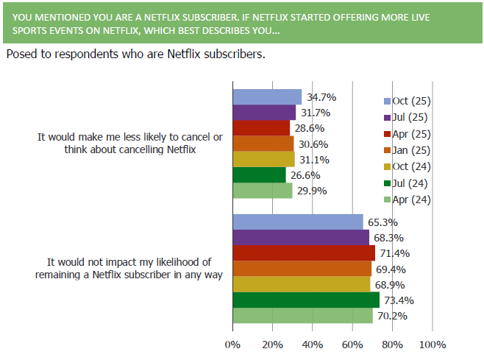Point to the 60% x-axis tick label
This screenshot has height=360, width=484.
pos(352,344)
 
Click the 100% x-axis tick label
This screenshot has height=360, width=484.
pos(432,344)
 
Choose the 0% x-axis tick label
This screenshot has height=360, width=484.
pos(233,344)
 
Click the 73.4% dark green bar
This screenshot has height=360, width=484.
pos(306,300)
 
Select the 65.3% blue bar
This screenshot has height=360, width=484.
pos(298,222)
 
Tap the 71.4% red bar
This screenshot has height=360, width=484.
pos(304,253)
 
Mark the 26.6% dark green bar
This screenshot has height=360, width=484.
pos(260,174)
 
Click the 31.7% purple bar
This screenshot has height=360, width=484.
pos(265,113)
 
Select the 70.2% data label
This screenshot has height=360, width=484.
pos(391,316)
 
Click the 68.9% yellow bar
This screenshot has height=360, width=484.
pos(302,284)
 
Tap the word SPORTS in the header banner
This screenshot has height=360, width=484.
pos(27,32)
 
